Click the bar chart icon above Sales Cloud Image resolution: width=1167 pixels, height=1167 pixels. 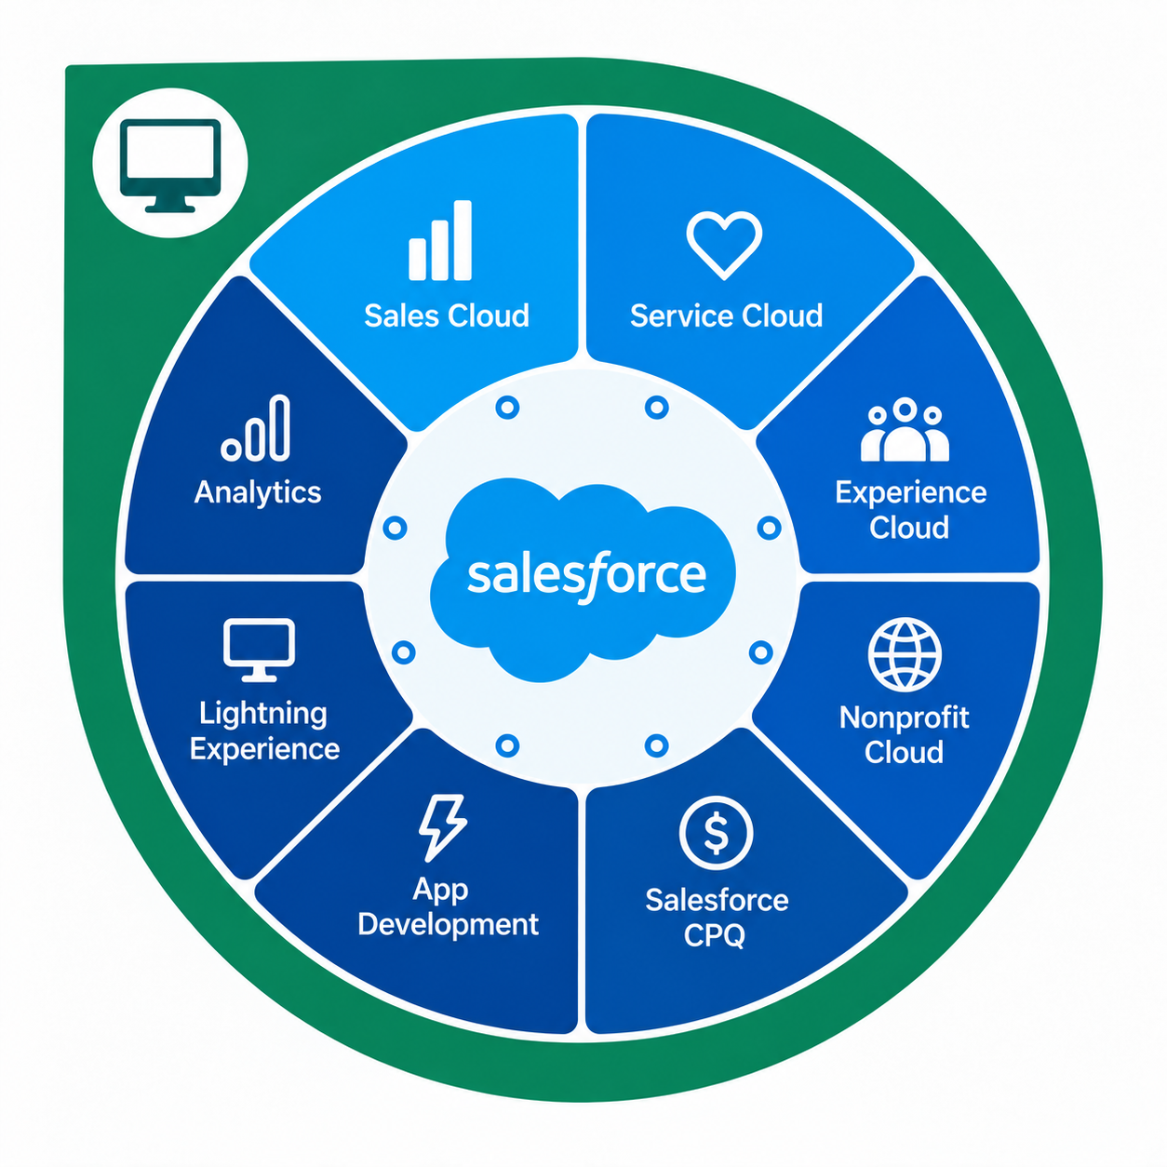coord(439,240)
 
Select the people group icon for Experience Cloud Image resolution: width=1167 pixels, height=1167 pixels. coord(905,429)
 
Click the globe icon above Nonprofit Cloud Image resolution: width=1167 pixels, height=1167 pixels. coord(905,654)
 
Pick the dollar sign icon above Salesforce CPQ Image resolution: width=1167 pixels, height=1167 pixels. coord(716,833)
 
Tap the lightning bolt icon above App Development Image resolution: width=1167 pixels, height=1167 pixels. coord(443,827)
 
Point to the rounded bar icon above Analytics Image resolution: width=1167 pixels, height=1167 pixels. coord(256,428)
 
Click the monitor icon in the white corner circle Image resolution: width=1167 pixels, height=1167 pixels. coord(170,166)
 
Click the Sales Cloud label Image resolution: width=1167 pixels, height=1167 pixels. coord(447,315)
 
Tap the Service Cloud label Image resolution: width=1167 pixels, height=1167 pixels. coord(726,315)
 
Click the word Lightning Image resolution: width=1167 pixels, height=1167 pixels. coord(262,715)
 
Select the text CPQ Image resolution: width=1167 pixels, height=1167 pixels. coord(714,935)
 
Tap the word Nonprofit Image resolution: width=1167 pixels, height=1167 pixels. coord(904,718)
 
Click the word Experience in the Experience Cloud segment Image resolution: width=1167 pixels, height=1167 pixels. coord(910,493)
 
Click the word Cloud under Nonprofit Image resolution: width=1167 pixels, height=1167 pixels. coord(904,752)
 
